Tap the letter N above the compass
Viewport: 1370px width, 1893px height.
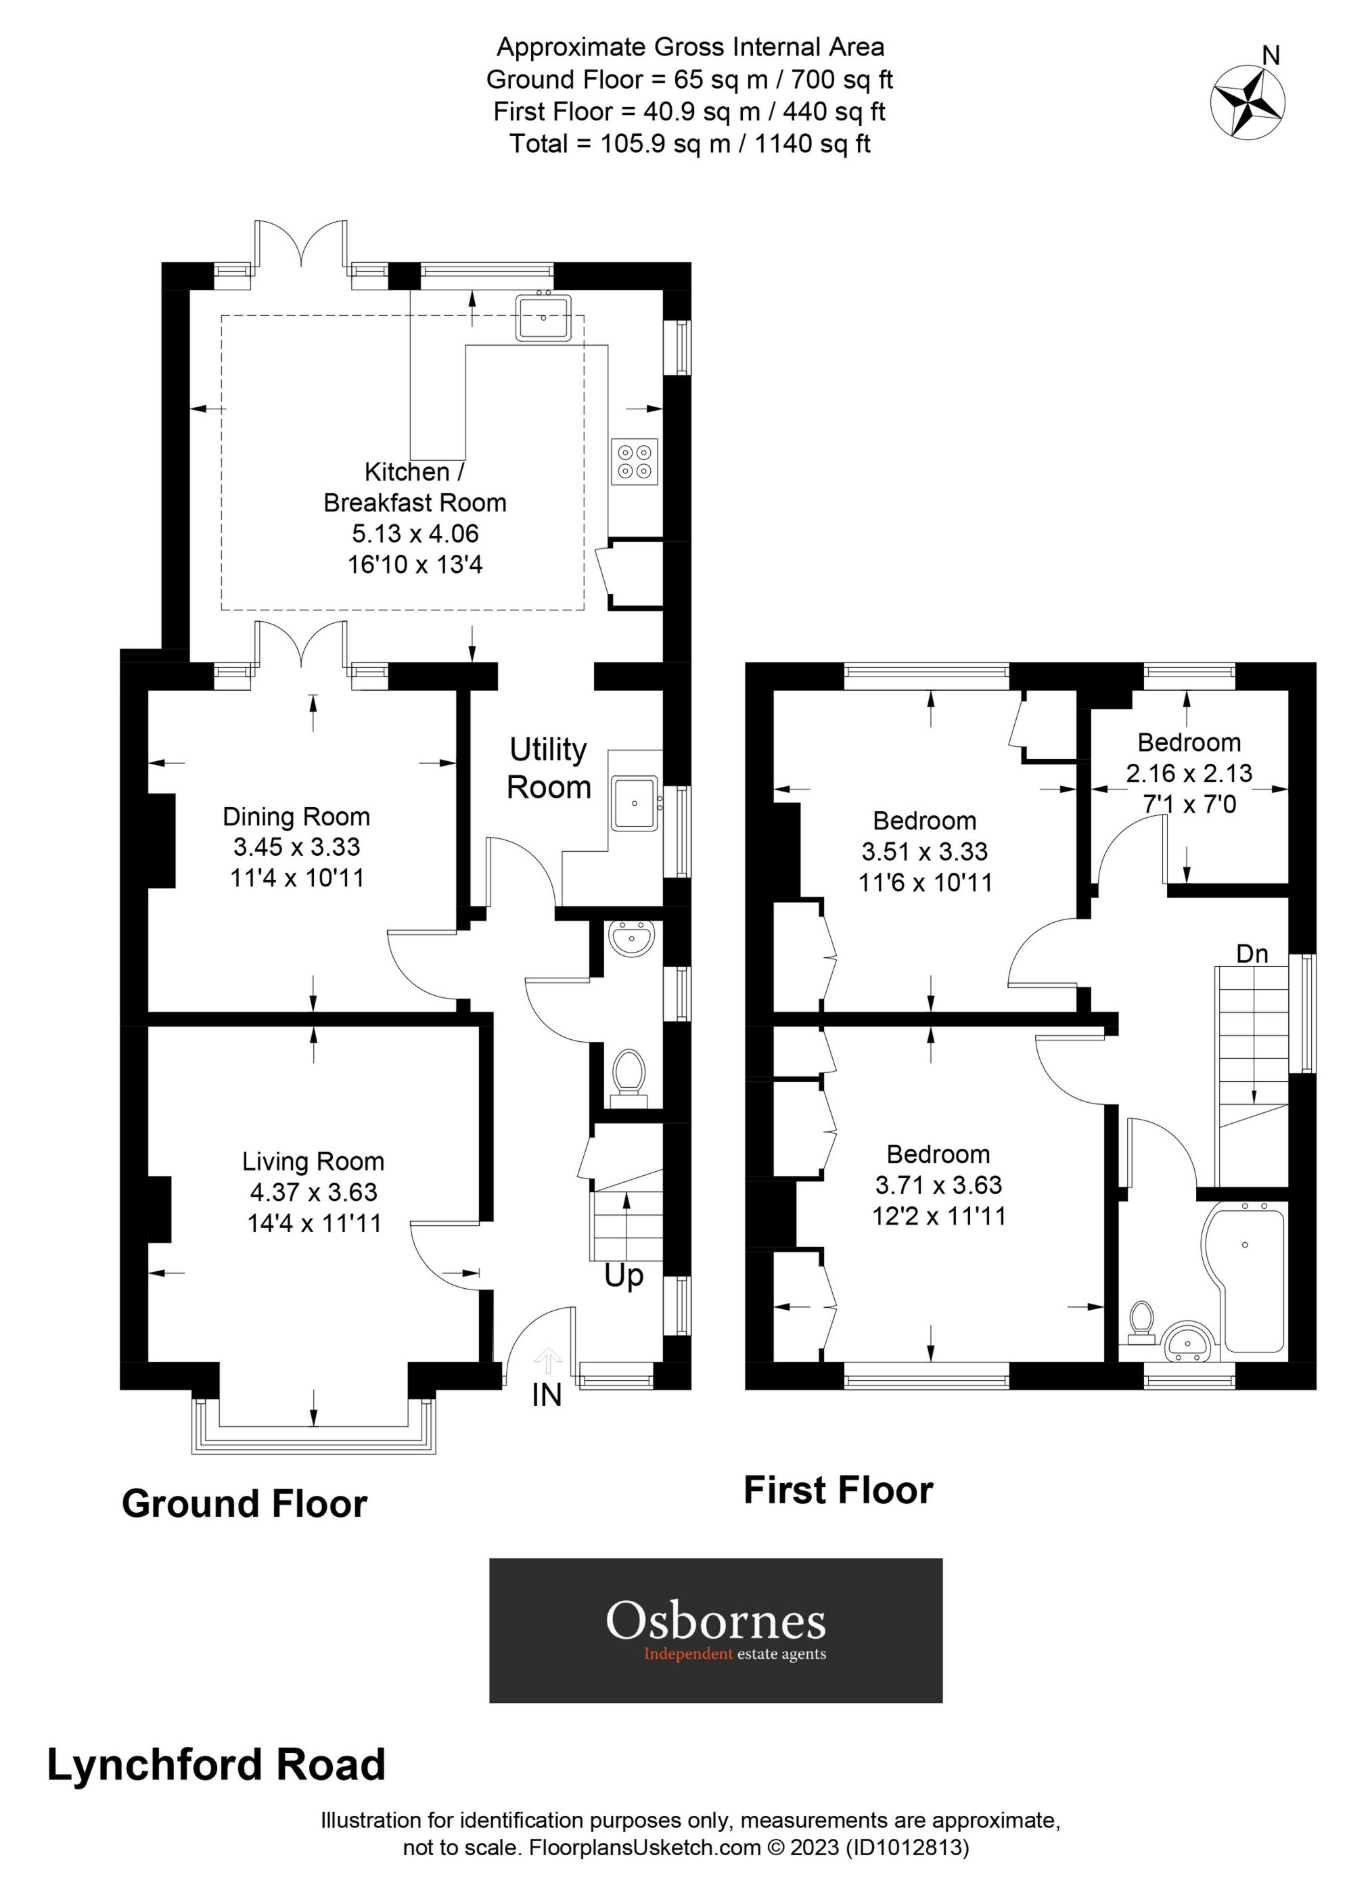pos(1270,56)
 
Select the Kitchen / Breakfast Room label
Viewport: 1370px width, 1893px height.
pos(415,487)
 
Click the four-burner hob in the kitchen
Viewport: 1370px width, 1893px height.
pos(634,461)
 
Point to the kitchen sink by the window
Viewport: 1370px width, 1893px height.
pos(543,317)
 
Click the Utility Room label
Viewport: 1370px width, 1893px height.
pos(549,768)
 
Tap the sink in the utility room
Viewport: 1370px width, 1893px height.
pos(635,803)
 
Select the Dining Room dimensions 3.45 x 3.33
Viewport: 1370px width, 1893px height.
pos(296,847)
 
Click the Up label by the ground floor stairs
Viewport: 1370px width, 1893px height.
pos(624,1276)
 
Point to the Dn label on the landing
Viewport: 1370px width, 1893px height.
pos(1252,953)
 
